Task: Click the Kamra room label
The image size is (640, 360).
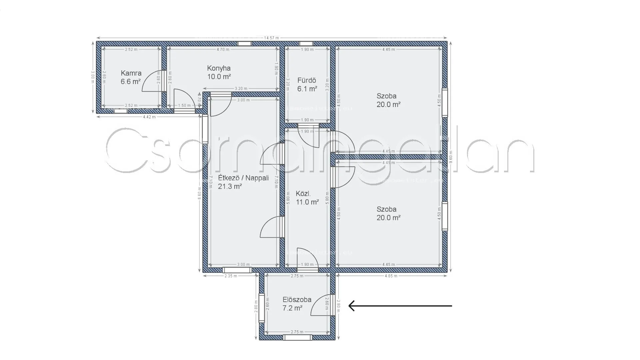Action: pyautogui.click(x=131, y=73)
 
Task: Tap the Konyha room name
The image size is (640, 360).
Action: pyautogui.click(x=219, y=68)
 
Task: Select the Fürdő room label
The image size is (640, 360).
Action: pyautogui.click(x=307, y=80)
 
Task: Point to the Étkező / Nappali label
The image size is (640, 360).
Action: pyautogui.click(x=243, y=178)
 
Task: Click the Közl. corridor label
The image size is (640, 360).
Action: pyautogui.click(x=303, y=193)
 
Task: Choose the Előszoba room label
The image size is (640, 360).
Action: pyautogui.click(x=297, y=299)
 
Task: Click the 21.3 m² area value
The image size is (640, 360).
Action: pyautogui.click(x=230, y=186)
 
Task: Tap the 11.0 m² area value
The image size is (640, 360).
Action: pyautogui.click(x=307, y=202)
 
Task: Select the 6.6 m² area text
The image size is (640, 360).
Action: pyautogui.click(x=131, y=81)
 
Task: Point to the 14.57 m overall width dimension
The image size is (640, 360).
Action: pyautogui.click(x=271, y=38)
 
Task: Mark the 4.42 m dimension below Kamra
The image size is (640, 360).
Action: pyautogui.click(x=149, y=117)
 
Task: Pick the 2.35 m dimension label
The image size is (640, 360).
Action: pyautogui.click(x=231, y=276)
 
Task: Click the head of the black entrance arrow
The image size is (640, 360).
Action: pyautogui.click(x=350, y=306)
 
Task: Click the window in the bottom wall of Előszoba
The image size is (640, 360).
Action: pyautogui.click(x=297, y=338)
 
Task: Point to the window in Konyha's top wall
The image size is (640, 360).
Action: pyautogui.click(x=244, y=44)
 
